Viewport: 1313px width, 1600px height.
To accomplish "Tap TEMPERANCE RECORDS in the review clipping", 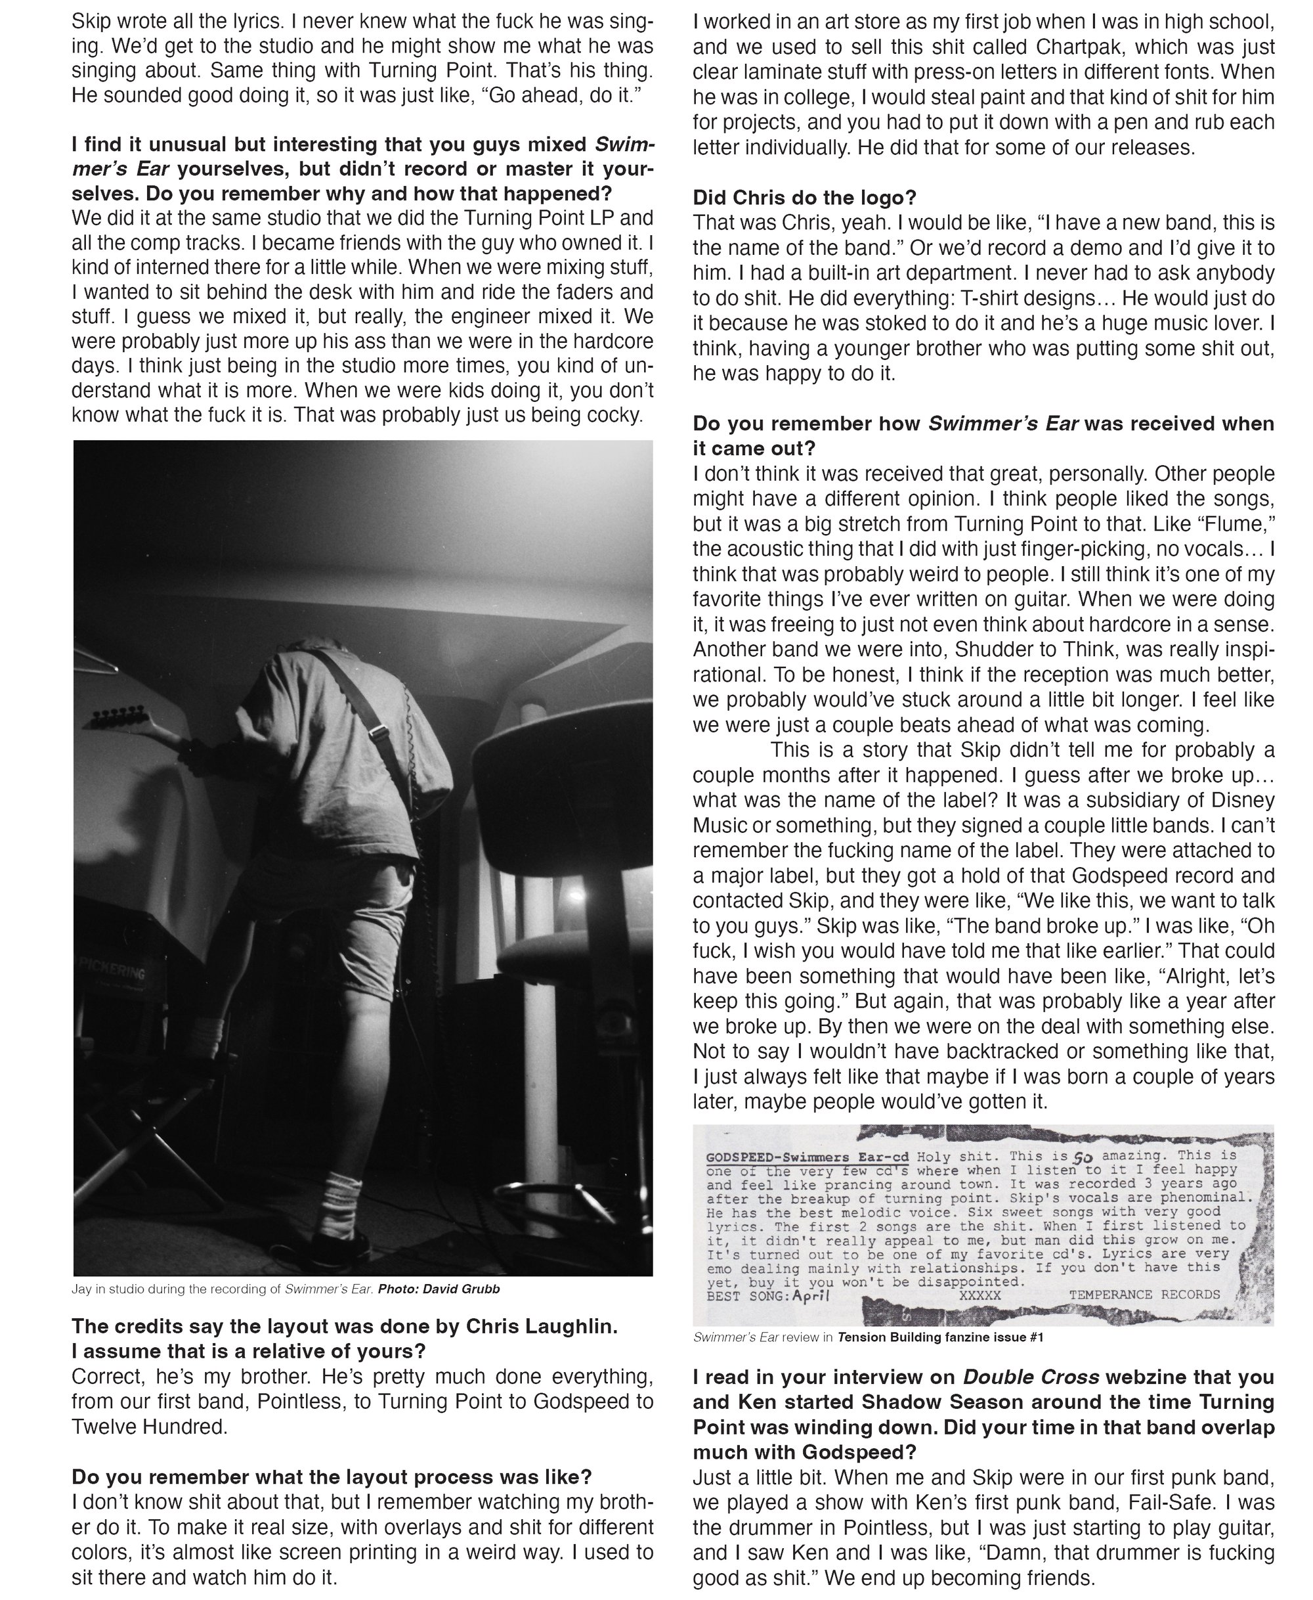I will [1144, 1295].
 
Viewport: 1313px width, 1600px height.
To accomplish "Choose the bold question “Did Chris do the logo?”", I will [804, 198].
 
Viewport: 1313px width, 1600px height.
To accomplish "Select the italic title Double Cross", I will [1029, 1377].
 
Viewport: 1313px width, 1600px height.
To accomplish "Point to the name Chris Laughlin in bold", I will [542, 1326].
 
